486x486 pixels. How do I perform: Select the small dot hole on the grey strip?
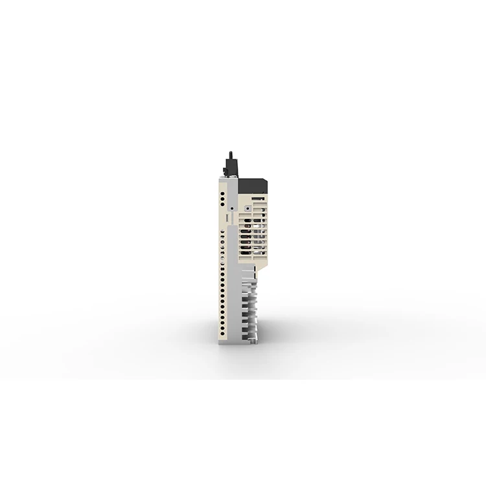pos(232,207)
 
